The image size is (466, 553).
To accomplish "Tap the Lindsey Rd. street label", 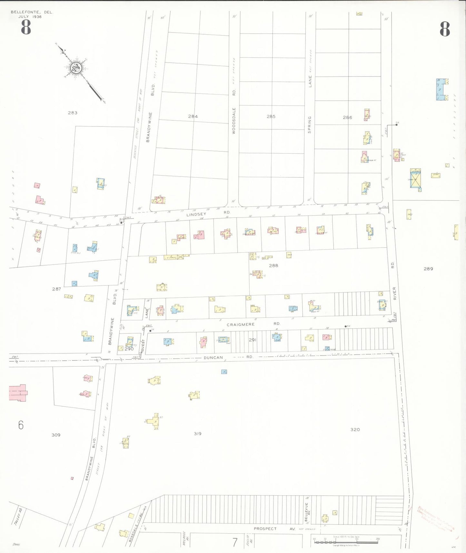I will tap(208, 214).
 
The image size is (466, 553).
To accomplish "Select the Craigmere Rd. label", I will tap(253, 324).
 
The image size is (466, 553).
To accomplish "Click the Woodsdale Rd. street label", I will tap(234, 111).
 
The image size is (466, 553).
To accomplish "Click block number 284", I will tap(193, 116).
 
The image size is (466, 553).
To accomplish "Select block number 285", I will tap(271, 116).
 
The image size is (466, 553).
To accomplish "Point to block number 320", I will tap(355, 429).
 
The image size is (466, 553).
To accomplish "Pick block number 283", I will tap(73, 113).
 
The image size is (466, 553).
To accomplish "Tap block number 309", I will tap(56, 435).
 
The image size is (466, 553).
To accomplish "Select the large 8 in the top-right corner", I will tap(444, 29).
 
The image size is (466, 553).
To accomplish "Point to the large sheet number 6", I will tap(21, 425).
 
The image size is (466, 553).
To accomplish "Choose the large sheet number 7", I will tap(235, 542).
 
